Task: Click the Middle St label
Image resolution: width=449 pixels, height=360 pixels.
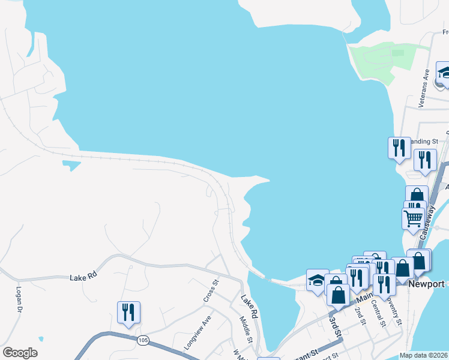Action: (x=246, y=329)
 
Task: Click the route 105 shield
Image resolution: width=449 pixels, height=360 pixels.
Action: (x=142, y=340)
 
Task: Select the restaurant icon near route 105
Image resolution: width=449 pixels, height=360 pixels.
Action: (x=128, y=313)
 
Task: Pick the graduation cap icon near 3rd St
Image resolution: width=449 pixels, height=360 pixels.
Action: (x=318, y=280)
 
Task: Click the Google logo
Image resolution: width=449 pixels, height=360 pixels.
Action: (x=20, y=353)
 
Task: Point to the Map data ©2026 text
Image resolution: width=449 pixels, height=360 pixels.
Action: (x=423, y=355)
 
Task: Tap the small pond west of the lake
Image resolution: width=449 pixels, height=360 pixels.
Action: (x=71, y=164)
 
